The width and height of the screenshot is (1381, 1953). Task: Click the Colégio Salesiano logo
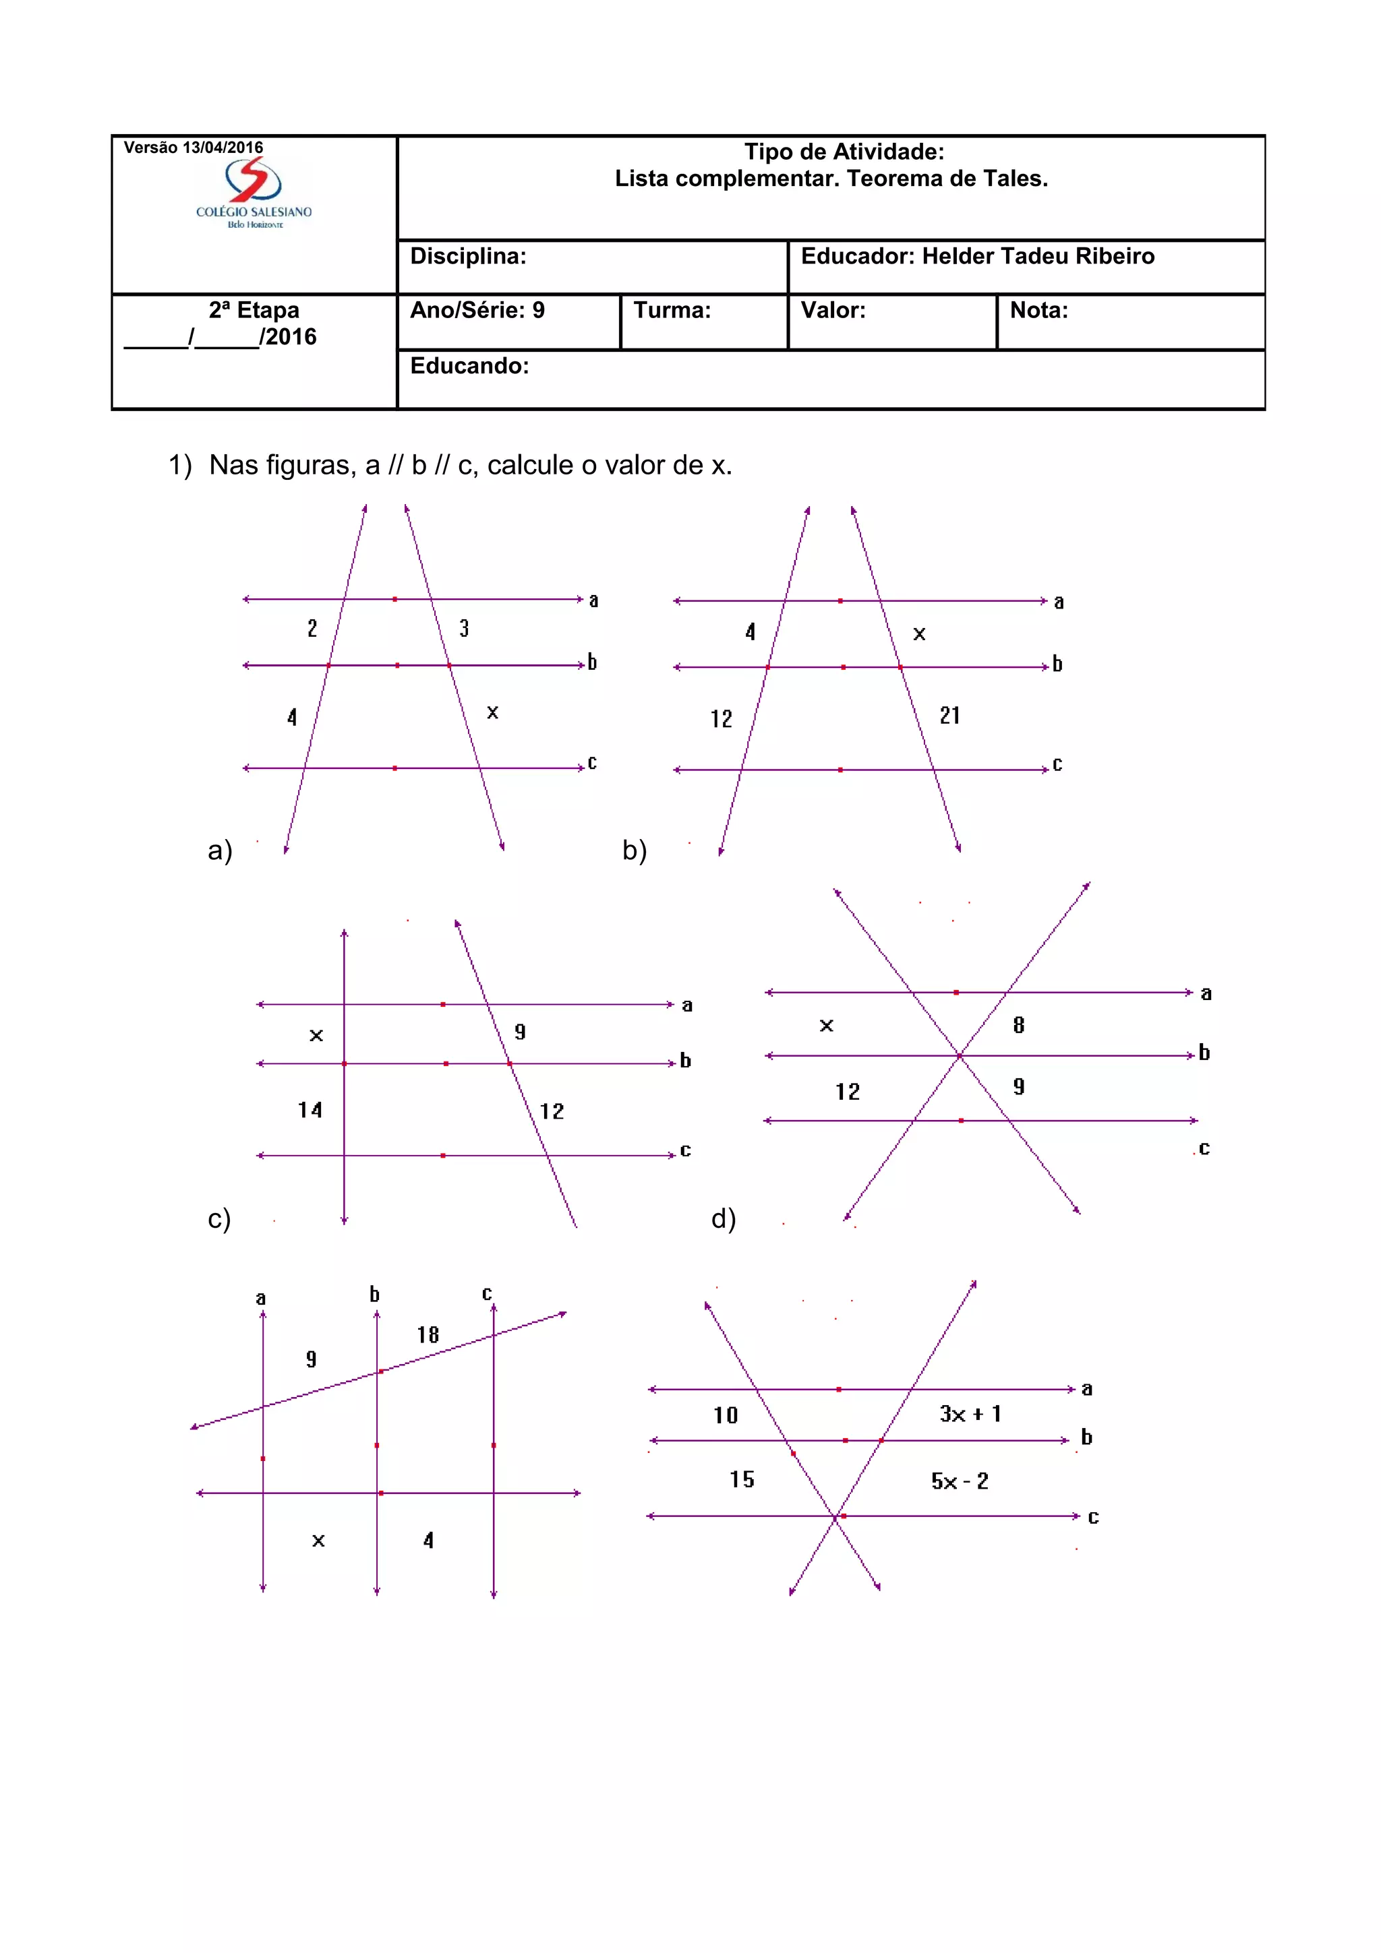tap(254, 193)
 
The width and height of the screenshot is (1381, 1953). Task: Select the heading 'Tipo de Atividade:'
tap(844, 152)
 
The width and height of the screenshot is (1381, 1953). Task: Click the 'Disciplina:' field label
tap(468, 256)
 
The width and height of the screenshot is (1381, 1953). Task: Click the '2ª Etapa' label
tap(254, 309)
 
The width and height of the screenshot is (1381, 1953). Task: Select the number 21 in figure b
tap(949, 716)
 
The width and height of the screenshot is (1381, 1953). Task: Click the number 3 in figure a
tap(464, 628)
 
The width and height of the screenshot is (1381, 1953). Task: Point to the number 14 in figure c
tap(310, 1109)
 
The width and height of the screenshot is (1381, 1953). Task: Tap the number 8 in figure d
tap(1018, 1025)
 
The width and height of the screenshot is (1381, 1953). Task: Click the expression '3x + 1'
tap(970, 1414)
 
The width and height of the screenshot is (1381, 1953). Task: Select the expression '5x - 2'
tap(959, 1481)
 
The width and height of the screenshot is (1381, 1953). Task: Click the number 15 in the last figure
tap(741, 1479)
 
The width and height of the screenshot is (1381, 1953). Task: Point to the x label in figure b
tap(919, 633)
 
